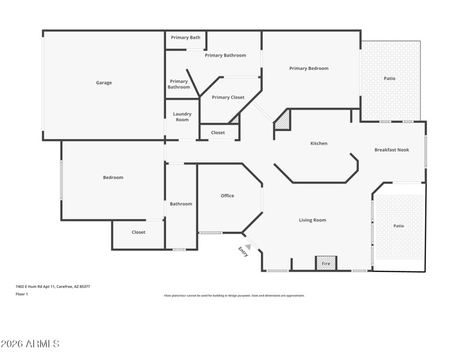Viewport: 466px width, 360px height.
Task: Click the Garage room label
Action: (x=104, y=83)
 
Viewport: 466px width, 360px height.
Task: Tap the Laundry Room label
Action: (x=182, y=117)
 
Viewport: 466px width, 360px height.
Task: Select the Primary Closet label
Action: (x=228, y=97)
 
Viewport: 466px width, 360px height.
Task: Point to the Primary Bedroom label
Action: (x=309, y=68)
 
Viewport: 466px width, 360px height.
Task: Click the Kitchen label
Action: (x=319, y=143)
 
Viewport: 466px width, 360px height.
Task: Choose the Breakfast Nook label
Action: (x=391, y=150)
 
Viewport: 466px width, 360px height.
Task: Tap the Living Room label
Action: (x=312, y=220)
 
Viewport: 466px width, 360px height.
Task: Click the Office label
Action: (x=227, y=196)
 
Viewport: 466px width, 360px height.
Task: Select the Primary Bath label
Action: (x=185, y=38)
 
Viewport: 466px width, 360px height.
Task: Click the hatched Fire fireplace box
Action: (x=326, y=264)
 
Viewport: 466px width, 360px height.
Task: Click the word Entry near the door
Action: (x=243, y=252)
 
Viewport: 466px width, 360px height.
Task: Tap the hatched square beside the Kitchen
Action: (x=283, y=121)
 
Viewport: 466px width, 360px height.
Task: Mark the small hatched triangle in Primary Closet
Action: (x=235, y=119)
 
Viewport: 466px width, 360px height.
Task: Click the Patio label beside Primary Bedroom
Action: (x=389, y=78)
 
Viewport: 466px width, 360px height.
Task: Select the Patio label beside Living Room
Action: (x=398, y=226)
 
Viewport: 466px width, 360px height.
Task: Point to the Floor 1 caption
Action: (x=22, y=294)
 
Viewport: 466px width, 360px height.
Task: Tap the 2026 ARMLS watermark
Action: (x=30, y=344)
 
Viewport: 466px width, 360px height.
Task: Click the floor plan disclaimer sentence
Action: (x=234, y=295)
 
